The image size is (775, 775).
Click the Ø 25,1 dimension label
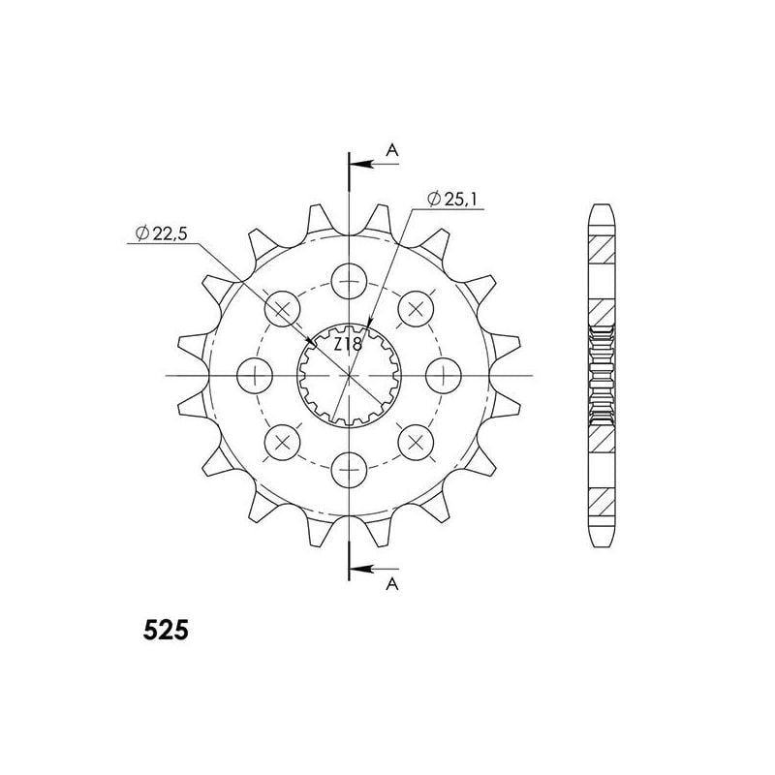click(451, 201)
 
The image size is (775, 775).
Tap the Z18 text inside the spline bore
click(348, 346)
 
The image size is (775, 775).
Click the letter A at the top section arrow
click(391, 149)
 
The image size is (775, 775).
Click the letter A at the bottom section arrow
click(391, 583)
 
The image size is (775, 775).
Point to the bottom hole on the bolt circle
click(348, 471)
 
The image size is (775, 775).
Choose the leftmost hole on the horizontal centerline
click(254, 374)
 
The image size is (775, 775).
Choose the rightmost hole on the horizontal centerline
click(444, 374)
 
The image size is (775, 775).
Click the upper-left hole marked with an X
click(282, 308)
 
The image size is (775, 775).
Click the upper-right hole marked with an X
click(416, 308)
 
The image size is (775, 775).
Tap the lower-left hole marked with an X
click(282, 442)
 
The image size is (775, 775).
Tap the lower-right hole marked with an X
click(416, 442)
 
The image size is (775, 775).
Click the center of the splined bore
click(348, 374)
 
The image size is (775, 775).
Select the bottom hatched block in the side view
click(602, 501)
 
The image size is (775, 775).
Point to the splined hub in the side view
click(602, 374)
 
